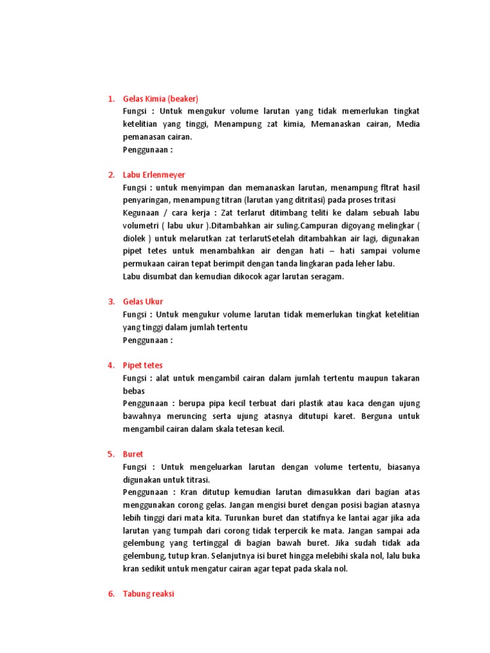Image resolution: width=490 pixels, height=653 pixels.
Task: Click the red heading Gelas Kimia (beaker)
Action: click(x=160, y=99)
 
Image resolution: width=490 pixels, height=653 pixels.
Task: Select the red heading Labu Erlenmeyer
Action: click(x=154, y=175)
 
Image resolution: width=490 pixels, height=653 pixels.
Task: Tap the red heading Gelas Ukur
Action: click(x=143, y=302)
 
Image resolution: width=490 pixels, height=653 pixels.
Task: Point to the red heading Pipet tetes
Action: click(x=143, y=365)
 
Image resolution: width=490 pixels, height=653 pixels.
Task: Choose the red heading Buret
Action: click(x=133, y=454)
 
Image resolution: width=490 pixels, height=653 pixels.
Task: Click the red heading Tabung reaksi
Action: click(x=148, y=594)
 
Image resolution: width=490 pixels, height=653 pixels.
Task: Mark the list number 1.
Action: click(x=110, y=99)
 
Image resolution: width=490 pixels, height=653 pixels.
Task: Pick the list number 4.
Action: click(x=110, y=365)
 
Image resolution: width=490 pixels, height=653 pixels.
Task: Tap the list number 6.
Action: click(x=110, y=594)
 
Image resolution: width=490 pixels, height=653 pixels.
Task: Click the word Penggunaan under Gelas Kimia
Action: click(x=145, y=150)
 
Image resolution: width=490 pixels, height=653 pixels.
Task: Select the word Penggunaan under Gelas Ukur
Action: click(x=145, y=340)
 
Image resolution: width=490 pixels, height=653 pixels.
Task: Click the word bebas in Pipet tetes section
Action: click(x=134, y=391)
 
